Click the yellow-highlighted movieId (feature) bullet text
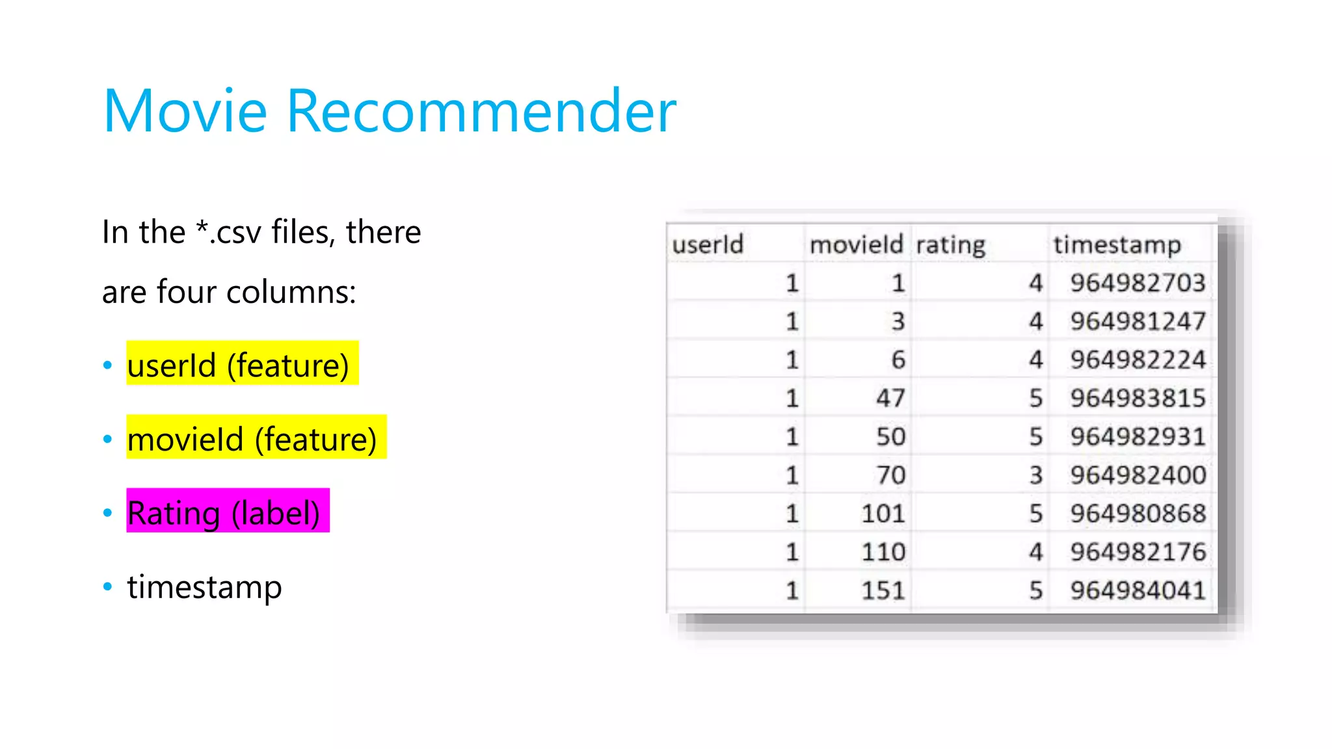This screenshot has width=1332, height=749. [252, 439]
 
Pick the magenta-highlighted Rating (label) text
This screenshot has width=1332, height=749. [224, 512]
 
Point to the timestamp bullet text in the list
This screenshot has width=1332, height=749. [204, 586]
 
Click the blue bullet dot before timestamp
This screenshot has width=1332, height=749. [108, 586]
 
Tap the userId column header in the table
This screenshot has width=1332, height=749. [708, 244]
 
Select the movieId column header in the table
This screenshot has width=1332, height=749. [856, 244]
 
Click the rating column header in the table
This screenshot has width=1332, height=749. [950, 245]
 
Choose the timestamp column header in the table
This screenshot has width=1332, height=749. [1117, 245]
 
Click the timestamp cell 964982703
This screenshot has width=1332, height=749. [1138, 283]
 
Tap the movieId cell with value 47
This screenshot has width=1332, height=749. [890, 398]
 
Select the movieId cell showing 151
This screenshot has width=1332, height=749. [883, 590]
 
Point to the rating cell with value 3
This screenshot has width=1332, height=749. [1035, 475]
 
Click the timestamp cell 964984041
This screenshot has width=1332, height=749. [1138, 590]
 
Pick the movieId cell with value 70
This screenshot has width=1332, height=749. [890, 475]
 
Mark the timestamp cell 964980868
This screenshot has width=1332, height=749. [1138, 514]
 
